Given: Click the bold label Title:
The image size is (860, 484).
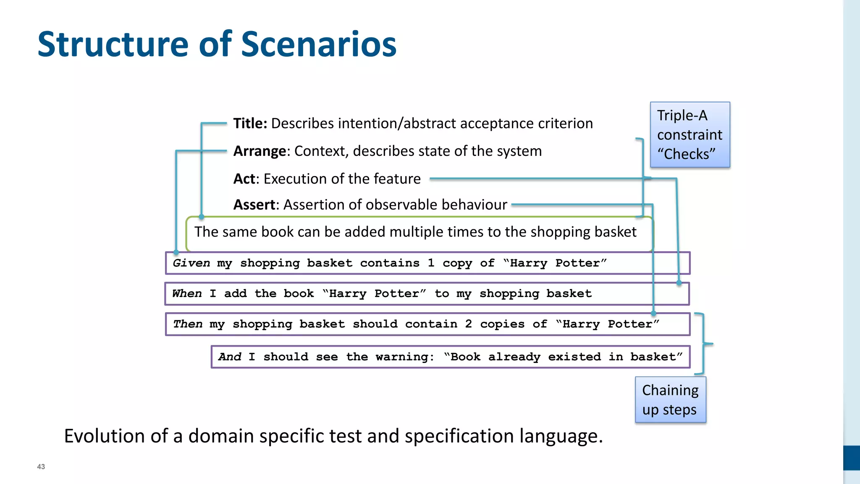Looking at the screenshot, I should pyautogui.click(x=250, y=124).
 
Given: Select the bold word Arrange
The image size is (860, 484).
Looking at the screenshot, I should pyautogui.click(x=260, y=151).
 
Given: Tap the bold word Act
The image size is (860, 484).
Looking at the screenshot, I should pyautogui.click(x=244, y=179).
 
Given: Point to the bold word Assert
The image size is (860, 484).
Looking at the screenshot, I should pyautogui.click(x=254, y=205).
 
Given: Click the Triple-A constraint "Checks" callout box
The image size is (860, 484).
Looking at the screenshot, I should pyautogui.click(x=690, y=135).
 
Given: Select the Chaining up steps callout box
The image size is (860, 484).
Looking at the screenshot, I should pyautogui.click(x=670, y=400).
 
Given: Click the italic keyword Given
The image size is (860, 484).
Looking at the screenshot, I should pyautogui.click(x=191, y=263).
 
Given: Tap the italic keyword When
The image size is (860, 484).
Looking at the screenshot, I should pyautogui.click(x=187, y=294).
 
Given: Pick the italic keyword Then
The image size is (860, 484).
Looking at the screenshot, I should pyautogui.click(x=188, y=324).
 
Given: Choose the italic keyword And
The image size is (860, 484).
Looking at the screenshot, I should pyautogui.click(x=230, y=357).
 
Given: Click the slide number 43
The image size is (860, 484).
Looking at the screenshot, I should pyautogui.click(x=41, y=467).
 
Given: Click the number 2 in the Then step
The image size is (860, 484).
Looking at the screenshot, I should pyautogui.click(x=468, y=324).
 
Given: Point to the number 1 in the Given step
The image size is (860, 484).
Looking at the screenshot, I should pyautogui.click(x=431, y=263).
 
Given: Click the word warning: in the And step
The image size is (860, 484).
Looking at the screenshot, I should pyautogui.click(x=405, y=357).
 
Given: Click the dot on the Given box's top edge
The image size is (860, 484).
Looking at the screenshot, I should pyautogui.click(x=176, y=253).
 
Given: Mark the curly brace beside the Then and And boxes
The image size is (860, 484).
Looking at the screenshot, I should pyautogui.click(x=704, y=344).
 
